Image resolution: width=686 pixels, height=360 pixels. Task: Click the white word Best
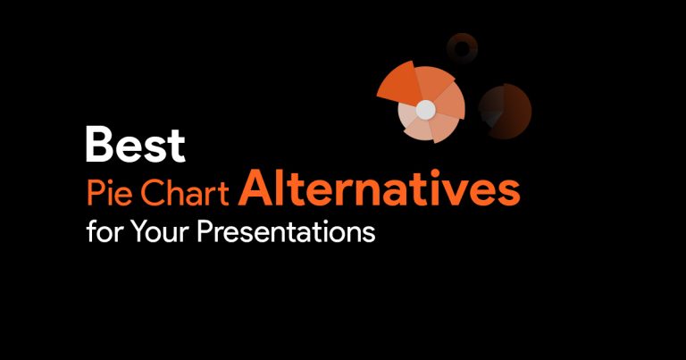click(x=136, y=144)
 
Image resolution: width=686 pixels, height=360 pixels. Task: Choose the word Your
click(x=160, y=232)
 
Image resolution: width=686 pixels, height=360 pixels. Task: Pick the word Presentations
click(x=286, y=232)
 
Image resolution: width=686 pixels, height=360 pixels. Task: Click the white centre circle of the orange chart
click(x=425, y=110)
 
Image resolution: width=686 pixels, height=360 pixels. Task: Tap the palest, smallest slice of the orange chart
click(x=406, y=116)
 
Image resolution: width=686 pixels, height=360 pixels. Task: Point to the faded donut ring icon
click(x=462, y=48)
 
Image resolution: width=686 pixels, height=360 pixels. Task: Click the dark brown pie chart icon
click(x=505, y=111)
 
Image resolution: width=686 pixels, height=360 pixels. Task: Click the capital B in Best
click(x=100, y=144)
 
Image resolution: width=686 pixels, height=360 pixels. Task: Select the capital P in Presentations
click(x=204, y=232)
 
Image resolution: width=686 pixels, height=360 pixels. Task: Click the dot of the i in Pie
click(x=110, y=183)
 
